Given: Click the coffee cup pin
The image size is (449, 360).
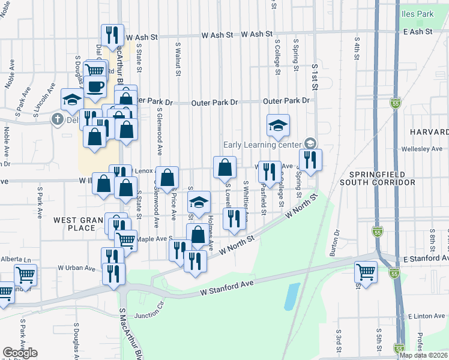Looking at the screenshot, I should click(x=94, y=87).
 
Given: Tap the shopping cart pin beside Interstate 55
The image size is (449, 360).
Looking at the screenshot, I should click(x=366, y=272).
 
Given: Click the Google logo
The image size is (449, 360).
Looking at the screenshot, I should click(x=20, y=353).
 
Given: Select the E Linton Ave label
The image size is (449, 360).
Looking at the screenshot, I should click(x=427, y=316).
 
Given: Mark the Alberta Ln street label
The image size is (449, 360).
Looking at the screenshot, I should click(x=13, y=258).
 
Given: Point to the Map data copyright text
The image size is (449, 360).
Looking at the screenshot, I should click(x=423, y=355).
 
